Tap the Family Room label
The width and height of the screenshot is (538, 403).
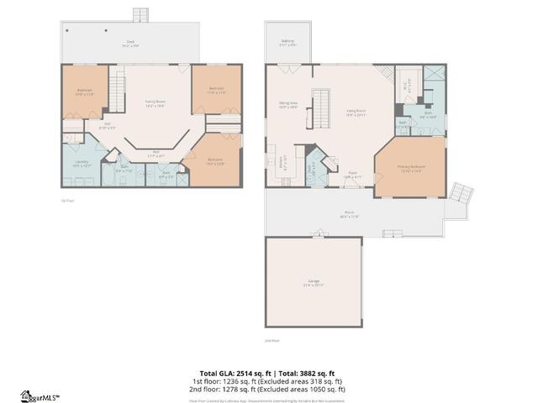click(x=155, y=102)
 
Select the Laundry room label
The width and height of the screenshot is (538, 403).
click(x=82, y=163)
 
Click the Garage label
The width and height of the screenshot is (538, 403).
click(x=313, y=284)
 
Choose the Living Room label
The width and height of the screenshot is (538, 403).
click(x=356, y=113)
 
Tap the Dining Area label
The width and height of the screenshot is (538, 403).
click(x=289, y=106)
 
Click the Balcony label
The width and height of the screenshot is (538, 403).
click(x=287, y=43)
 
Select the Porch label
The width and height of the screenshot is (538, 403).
click(x=349, y=214)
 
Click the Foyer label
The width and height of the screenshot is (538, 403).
click(x=354, y=175)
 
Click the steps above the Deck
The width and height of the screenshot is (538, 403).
click(x=140, y=16)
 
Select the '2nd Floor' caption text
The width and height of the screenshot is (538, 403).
click(x=272, y=341)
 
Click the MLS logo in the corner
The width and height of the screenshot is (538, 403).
click(x=39, y=395)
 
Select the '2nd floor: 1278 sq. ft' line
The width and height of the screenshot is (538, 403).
click(x=268, y=390)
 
